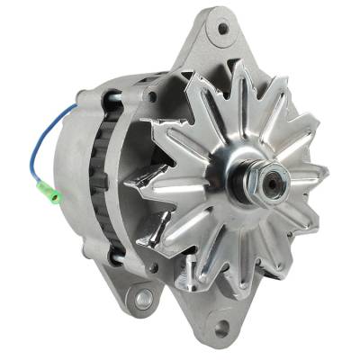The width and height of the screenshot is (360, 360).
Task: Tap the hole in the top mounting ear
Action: pos(222,28)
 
